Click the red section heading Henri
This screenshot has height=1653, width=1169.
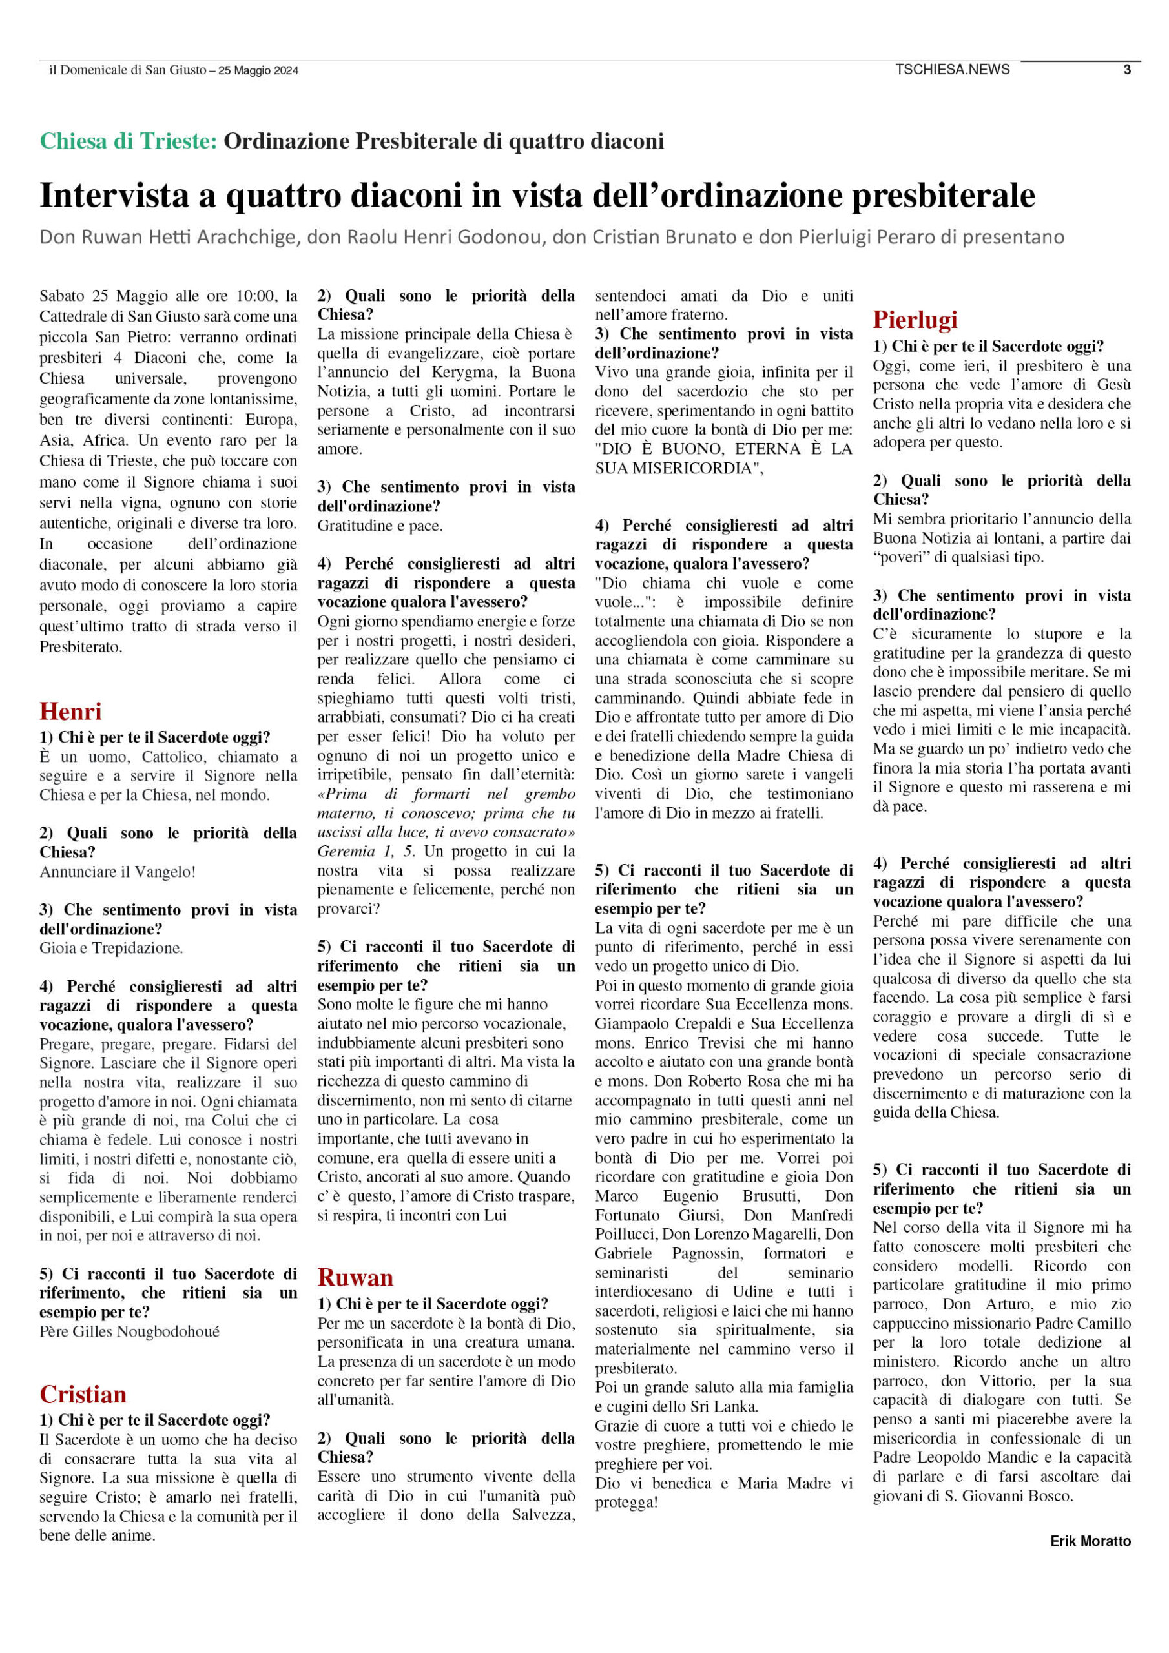[x=70, y=712]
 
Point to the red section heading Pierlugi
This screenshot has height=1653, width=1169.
[x=915, y=319]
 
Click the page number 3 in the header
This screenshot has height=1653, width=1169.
[x=1126, y=70]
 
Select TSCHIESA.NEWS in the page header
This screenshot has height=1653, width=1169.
[x=952, y=70]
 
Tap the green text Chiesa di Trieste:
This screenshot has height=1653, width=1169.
[x=129, y=141]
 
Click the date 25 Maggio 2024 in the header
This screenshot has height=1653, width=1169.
[x=258, y=70]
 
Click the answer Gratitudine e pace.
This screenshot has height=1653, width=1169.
[x=380, y=526]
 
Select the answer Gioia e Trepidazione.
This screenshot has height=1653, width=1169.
[x=111, y=948]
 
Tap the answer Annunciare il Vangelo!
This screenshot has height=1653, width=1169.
[x=118, y=872]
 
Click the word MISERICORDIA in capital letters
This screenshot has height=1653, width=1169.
[x=675, y=469]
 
